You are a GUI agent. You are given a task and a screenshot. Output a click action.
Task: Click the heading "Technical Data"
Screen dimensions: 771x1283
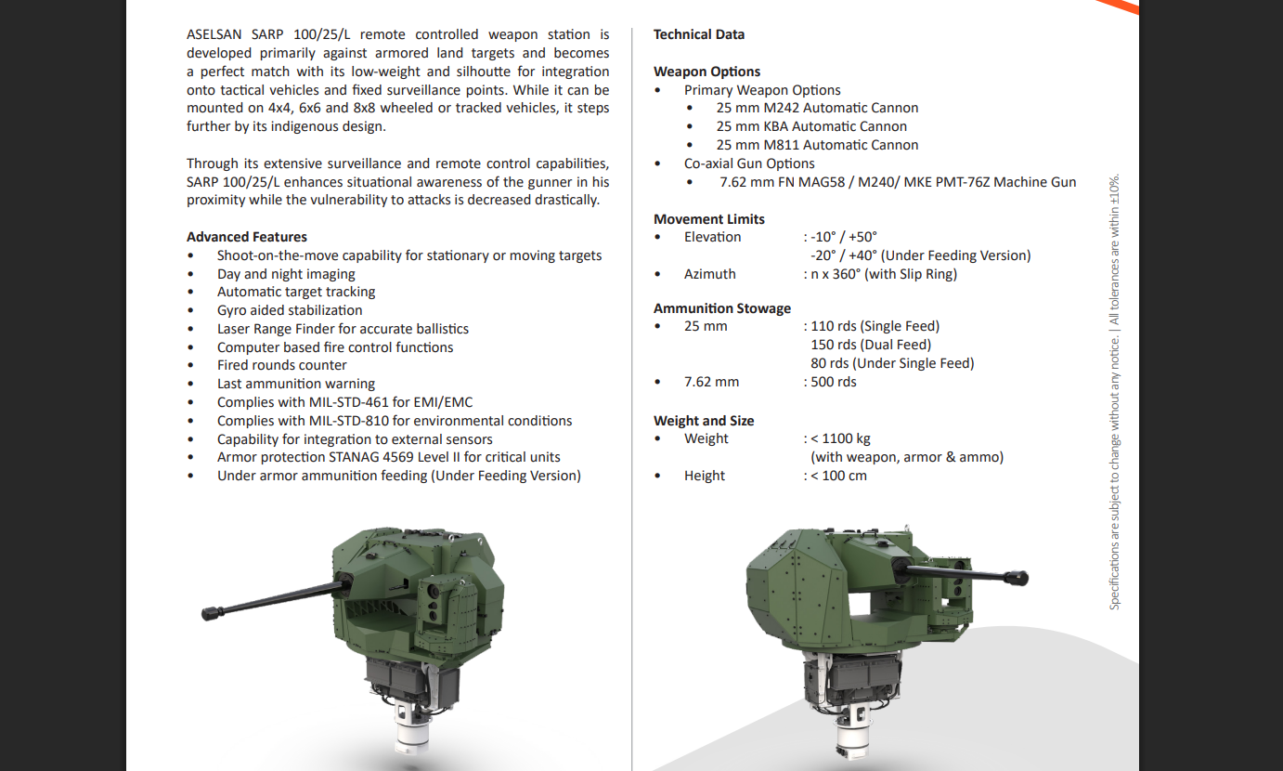click(698, 34)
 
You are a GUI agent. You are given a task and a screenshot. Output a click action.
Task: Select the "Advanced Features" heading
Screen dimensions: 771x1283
click(246, 237)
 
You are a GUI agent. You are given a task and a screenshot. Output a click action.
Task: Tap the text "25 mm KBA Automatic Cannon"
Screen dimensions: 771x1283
click(810, 126)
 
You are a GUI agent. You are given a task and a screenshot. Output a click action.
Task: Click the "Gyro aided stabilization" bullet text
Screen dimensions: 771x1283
click(290, 310)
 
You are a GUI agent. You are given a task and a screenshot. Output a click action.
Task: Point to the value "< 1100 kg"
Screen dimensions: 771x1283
click(840, 438)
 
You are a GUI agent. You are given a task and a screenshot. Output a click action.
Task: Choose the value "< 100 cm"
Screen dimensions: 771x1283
click(838, 476)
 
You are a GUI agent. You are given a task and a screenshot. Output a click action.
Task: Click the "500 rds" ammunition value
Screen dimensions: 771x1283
click(833, 382)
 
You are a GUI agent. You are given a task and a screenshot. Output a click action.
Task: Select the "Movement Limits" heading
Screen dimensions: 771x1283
click(708, 219)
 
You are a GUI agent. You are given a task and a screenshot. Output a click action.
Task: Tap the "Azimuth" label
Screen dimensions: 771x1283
click(709, 274)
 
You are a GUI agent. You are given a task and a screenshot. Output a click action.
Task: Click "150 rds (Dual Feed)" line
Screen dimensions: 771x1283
click(870, 345)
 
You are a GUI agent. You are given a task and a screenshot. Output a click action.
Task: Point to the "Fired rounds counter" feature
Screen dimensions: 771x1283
click(281, 365)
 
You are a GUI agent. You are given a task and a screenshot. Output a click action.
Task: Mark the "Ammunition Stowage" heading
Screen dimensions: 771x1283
click(721, 308)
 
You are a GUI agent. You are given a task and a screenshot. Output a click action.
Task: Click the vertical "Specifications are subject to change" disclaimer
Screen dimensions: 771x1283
click(1115, 390)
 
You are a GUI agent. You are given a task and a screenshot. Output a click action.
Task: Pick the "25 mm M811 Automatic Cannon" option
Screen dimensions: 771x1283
click(816, 145)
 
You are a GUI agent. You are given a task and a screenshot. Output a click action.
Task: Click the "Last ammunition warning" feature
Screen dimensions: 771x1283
click(295, 384)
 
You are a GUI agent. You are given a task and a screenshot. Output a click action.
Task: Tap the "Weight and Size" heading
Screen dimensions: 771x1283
click(703, 421)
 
